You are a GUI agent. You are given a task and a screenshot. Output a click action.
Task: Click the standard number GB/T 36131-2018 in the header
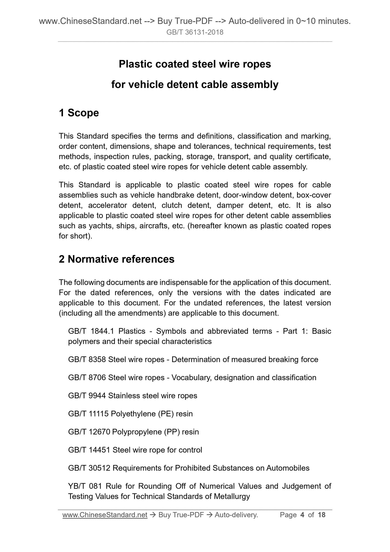tap(195, 32)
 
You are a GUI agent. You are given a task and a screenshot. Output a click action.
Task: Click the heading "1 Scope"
tap(79, 113)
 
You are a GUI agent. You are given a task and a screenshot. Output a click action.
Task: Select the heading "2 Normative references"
tap(117, 259)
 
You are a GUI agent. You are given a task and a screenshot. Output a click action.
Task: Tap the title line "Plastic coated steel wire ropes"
tap(195, 64)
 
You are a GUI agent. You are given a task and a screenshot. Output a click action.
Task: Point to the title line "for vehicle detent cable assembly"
tap(195, 85)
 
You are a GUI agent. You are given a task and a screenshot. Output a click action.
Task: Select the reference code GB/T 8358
tap(87, 359)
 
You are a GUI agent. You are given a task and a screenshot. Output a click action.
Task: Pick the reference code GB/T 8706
tap(87, 378)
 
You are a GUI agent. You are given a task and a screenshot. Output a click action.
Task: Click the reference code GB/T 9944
tap(87, 396)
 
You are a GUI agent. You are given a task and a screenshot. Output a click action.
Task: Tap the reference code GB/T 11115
tap(88, 414)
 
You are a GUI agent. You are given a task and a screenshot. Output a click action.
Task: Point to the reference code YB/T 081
tap(85, 486)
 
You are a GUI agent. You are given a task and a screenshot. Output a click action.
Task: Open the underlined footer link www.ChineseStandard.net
tap(105, 515)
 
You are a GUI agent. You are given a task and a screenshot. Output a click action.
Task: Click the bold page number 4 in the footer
tap(302, 515)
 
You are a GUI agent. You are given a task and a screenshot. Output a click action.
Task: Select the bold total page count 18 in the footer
tap(322, 515)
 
